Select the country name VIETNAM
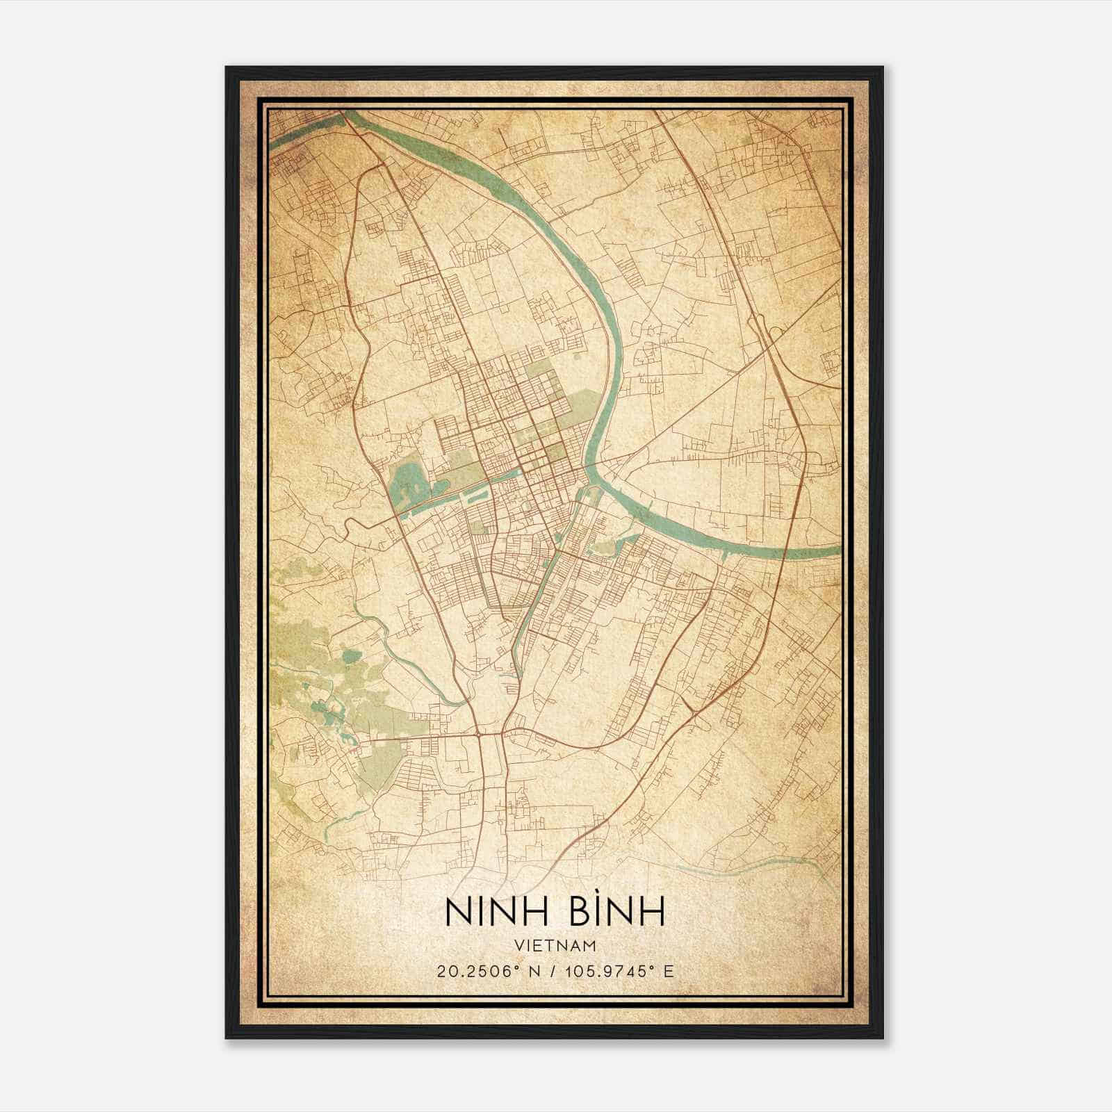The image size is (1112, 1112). (555, 945)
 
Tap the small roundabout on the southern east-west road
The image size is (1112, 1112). (479, 733)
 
